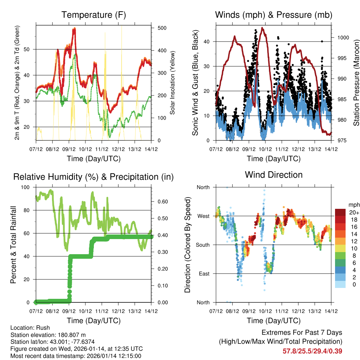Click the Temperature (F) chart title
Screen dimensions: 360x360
pyautogui.click(x=94, y=15)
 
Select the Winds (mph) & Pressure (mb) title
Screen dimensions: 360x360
pyautogui.click(x=274, y=15)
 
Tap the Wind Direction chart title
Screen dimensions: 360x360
pyautogui.click(x=274, y=174)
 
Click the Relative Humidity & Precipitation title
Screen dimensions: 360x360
pyautogui.click(x=94, y=177)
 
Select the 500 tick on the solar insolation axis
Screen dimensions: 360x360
pyautogui.click(x=161, y=28)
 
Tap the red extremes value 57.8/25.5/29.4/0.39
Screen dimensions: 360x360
pyautogui.click(x=312, y=351)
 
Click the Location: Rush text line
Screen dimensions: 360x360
pyautogui.click(x=30, y=328)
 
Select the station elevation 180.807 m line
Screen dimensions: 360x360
pyautogui.click(x=48, y=335)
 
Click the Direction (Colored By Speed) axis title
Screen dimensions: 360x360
pyautogui.click(x=187, y=245)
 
